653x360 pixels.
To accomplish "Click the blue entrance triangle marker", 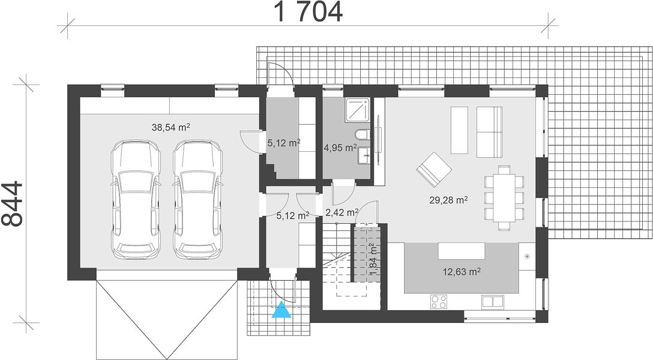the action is [x=281, y=310].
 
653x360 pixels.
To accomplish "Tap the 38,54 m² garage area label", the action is [x=170, y=127].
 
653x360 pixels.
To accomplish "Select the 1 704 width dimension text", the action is [x=308, y=12].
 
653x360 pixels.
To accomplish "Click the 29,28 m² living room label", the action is [x=448, y=200].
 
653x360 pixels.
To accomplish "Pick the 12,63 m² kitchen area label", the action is [x=462, y=272].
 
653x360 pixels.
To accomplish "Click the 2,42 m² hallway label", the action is [x=342, y=212].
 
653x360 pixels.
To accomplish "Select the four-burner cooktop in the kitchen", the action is [x=439, y=301].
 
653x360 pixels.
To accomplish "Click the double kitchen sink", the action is [x=493, y=302].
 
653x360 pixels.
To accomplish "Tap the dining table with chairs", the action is [x=504, y=197].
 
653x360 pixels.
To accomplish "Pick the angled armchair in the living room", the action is [x=434, y=169].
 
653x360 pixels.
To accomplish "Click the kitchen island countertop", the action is [x=462, y=251].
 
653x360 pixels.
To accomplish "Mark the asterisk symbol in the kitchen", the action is [x=527, y=256].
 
